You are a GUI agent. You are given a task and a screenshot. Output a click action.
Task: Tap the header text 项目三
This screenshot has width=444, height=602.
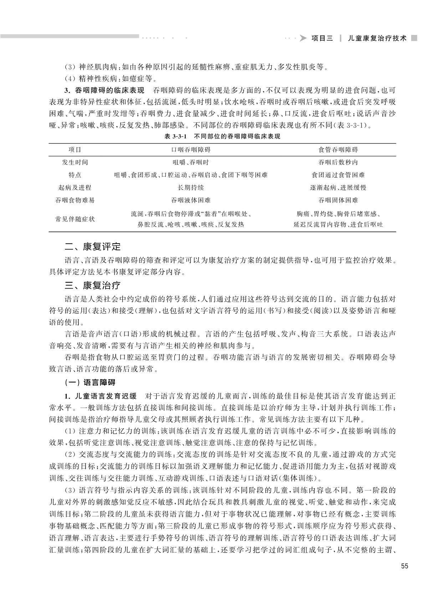[322, 39]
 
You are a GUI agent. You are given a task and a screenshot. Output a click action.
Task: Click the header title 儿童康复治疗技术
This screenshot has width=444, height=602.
[377, 39]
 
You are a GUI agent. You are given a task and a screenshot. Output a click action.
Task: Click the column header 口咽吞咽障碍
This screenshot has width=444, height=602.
[191, 150]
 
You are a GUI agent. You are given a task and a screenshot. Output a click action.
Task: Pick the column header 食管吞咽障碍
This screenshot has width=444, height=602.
[338, 150]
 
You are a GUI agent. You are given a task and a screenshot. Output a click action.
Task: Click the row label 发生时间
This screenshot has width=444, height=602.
[75, 162]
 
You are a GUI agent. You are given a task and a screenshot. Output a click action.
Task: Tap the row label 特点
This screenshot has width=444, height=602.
[75, 175]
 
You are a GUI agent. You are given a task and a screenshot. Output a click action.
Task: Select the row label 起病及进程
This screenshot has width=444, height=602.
[75, 188]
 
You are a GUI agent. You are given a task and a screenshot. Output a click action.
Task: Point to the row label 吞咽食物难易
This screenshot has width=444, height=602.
[75, 200]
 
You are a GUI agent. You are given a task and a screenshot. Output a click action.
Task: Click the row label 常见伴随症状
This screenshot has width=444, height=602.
[75, 219]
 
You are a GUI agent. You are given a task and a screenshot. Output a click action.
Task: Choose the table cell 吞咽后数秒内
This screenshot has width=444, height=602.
[338, 162]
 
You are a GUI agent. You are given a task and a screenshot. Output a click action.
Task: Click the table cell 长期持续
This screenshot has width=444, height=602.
[191, 188]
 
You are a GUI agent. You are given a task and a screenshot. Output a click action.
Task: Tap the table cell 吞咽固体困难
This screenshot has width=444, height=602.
[338, 200]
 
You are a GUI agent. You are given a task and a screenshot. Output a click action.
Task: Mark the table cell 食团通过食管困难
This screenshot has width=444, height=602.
[338, 175]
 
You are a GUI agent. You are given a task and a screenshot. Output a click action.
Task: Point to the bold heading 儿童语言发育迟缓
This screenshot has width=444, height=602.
[106, 396]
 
